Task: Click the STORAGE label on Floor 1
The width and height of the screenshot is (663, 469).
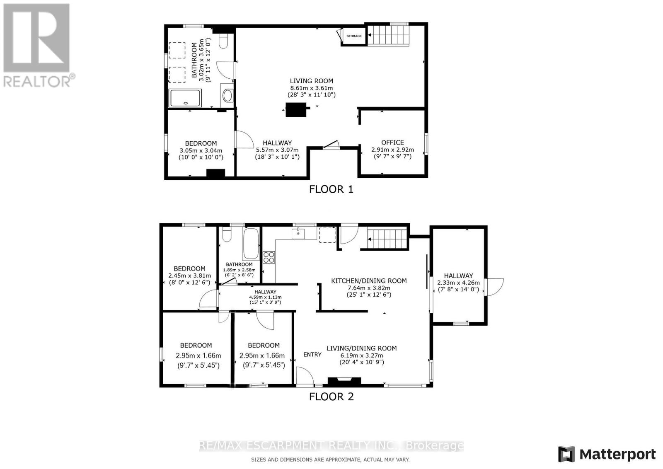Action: point(354,36)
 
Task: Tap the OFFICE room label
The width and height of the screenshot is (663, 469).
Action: point(392,143)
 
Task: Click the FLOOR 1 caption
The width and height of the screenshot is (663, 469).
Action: point(331,189)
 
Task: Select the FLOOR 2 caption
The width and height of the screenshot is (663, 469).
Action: point(331,396)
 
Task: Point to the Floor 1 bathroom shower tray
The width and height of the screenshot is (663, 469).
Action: point(185,98)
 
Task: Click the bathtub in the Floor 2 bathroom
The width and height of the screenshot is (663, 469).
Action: point(251,244)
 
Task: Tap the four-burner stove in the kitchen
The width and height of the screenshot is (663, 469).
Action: point(269,257)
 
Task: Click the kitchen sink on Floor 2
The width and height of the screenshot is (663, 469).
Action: point(298,234)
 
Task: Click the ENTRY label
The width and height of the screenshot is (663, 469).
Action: point(312,354)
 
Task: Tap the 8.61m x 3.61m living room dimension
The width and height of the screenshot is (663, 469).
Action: point(311,88)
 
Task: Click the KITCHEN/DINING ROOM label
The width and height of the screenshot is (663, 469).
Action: point(369,281)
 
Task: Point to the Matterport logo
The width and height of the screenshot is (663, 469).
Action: point(607,454)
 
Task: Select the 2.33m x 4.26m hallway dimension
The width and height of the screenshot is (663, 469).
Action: point(458,283)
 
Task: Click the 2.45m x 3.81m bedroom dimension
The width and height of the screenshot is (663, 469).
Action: point(189,276)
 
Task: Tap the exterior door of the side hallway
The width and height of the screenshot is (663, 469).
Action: point(494,287)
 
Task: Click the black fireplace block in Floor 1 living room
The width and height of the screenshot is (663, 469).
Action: point(296,109)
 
